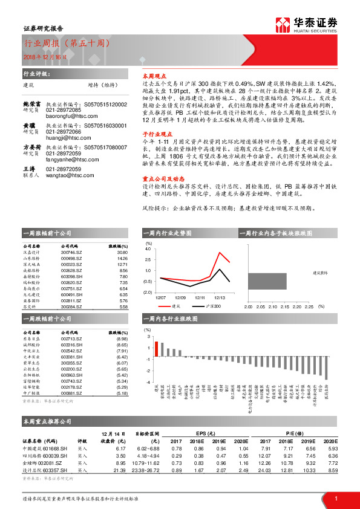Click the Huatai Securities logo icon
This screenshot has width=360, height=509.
283,25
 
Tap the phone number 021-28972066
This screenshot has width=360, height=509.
64,149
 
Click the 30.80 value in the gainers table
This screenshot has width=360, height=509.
122,253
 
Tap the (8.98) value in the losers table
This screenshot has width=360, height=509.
122,339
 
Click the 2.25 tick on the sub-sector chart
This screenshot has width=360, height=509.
308,306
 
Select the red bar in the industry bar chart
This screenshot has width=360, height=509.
157,350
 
